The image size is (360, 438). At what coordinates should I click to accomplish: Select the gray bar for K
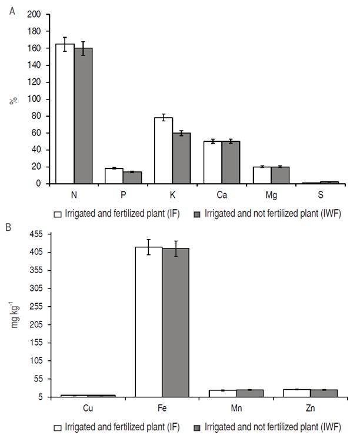[181, 158]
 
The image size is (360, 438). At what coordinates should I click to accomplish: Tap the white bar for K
[163, 151]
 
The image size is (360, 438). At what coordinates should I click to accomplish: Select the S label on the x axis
[321, 194]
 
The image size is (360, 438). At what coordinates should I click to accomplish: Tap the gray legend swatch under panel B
[198, 427]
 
